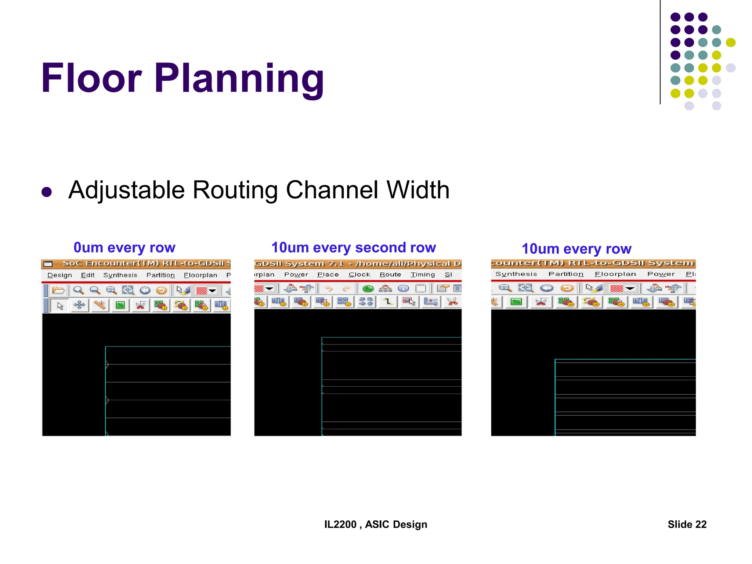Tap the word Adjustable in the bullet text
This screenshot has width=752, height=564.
[126, 190]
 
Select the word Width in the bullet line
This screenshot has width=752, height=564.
[418, 190]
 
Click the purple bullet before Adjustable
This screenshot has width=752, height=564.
[47, 192]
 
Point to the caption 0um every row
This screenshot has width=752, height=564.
[124, 248]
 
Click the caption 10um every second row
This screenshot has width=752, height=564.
[354, 248]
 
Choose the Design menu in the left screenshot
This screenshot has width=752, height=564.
[59, 275]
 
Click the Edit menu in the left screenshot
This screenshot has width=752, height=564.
[88, 275]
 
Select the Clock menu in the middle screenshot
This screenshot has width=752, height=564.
[359, 275]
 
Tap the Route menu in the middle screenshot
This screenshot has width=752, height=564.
[390, 275]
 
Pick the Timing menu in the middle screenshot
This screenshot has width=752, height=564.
[423, 275]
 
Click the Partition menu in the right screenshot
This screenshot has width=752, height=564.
[566, 274]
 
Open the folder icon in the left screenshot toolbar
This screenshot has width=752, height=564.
[58, 290]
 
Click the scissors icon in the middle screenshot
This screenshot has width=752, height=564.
[452, 302]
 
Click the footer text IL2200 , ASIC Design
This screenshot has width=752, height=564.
[376, 524]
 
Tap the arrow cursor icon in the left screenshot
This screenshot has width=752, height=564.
[60, 305]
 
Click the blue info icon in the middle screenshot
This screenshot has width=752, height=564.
[403, 289]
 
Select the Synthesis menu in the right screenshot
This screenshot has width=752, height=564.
[516, 274]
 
